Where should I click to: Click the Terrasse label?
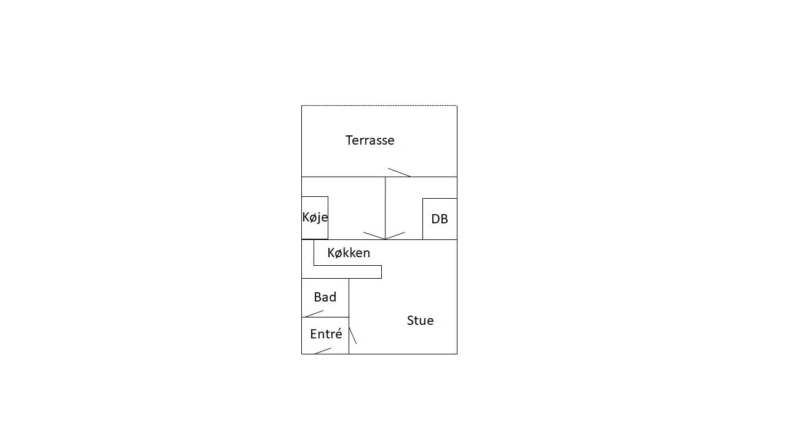(x=370, y=140)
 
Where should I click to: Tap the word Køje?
(x=315, y=217)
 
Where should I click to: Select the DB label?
(x=440, y=219)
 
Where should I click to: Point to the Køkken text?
(x=349, y=253)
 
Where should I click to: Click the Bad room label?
(x=325, y=297)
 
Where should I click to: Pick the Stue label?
(x=420, y=321)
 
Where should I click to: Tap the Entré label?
(x=326, y=333)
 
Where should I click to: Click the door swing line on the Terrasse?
(x=399, y=172)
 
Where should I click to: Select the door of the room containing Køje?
(x=374, y=236)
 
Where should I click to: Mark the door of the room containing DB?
(x=395, y=236)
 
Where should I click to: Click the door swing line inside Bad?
(x=314, y=314)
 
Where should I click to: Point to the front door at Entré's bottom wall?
(x=323, y=351)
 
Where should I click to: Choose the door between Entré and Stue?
(x=353, y=336)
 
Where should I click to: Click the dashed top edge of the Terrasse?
(x=379, y=105)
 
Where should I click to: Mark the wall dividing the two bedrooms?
(x=386, y=208)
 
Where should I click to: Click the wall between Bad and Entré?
(x=325, y=317)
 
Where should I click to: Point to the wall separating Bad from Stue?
(x=349, y=298)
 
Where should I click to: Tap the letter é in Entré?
(x=338, y=333)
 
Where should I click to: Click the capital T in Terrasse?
(x=349, y=140)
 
